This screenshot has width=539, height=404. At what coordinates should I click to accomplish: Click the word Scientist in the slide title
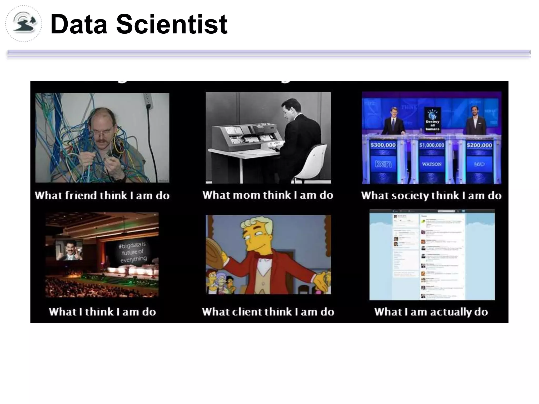172,24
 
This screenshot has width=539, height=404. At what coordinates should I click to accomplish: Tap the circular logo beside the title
24,24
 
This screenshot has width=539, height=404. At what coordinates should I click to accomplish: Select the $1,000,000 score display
432,145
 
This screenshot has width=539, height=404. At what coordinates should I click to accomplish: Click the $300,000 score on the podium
383,145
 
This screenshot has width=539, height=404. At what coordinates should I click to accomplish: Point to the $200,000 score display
479,145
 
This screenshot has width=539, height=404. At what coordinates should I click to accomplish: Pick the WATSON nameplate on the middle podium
432,164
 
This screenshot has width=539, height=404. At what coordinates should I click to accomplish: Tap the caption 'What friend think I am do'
102,195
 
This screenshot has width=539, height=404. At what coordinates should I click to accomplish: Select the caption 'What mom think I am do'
268,195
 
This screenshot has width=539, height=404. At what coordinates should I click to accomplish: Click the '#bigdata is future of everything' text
133,252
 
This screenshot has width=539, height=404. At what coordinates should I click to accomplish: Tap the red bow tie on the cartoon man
263,255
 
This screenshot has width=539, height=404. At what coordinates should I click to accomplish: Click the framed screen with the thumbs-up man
69,250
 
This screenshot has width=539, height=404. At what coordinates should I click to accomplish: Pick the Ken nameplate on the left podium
383,164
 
